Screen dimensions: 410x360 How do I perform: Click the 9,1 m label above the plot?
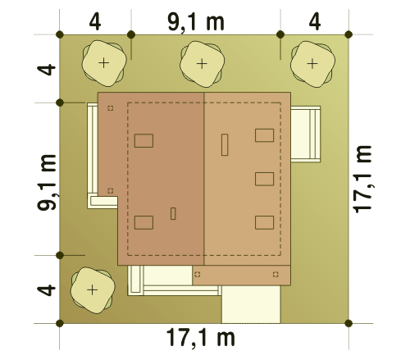(x=196, y=22)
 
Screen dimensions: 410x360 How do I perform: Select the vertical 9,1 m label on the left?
(x=47, y=182)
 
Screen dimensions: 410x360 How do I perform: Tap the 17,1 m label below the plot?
(x=200, y=338)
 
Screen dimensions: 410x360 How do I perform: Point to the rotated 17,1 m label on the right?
(x=362, y=179)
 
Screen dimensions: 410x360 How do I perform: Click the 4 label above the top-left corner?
(x=95, y=22)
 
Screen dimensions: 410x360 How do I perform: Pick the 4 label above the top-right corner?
(x=315, y=22)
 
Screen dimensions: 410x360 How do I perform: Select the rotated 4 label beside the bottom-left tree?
(x=46, y=290)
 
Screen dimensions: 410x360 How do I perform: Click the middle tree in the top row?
(x=202, y=64)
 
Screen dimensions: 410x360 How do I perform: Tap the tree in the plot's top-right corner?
(x=312, y=64)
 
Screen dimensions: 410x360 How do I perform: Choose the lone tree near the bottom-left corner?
(x=93, y=290)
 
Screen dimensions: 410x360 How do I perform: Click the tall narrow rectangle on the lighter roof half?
(x=225, y=145)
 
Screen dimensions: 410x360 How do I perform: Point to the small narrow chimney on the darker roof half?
(x=173, y=213)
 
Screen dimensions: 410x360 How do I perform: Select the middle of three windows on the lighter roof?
(x=264, y=179)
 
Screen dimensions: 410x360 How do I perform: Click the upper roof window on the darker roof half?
(x=143, y=141)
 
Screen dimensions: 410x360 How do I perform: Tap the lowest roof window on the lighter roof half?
(x=264, y=222)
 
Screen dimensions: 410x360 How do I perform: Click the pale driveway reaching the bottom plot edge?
(x=251, y=304)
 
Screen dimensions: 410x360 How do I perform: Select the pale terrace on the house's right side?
(x=305, y=134)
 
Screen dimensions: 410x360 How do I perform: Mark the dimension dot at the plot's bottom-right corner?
(x=348, y=323)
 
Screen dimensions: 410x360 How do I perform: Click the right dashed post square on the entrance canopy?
(x=276, y=274)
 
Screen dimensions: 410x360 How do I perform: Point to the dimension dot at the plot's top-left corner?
(x=60, y=34)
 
